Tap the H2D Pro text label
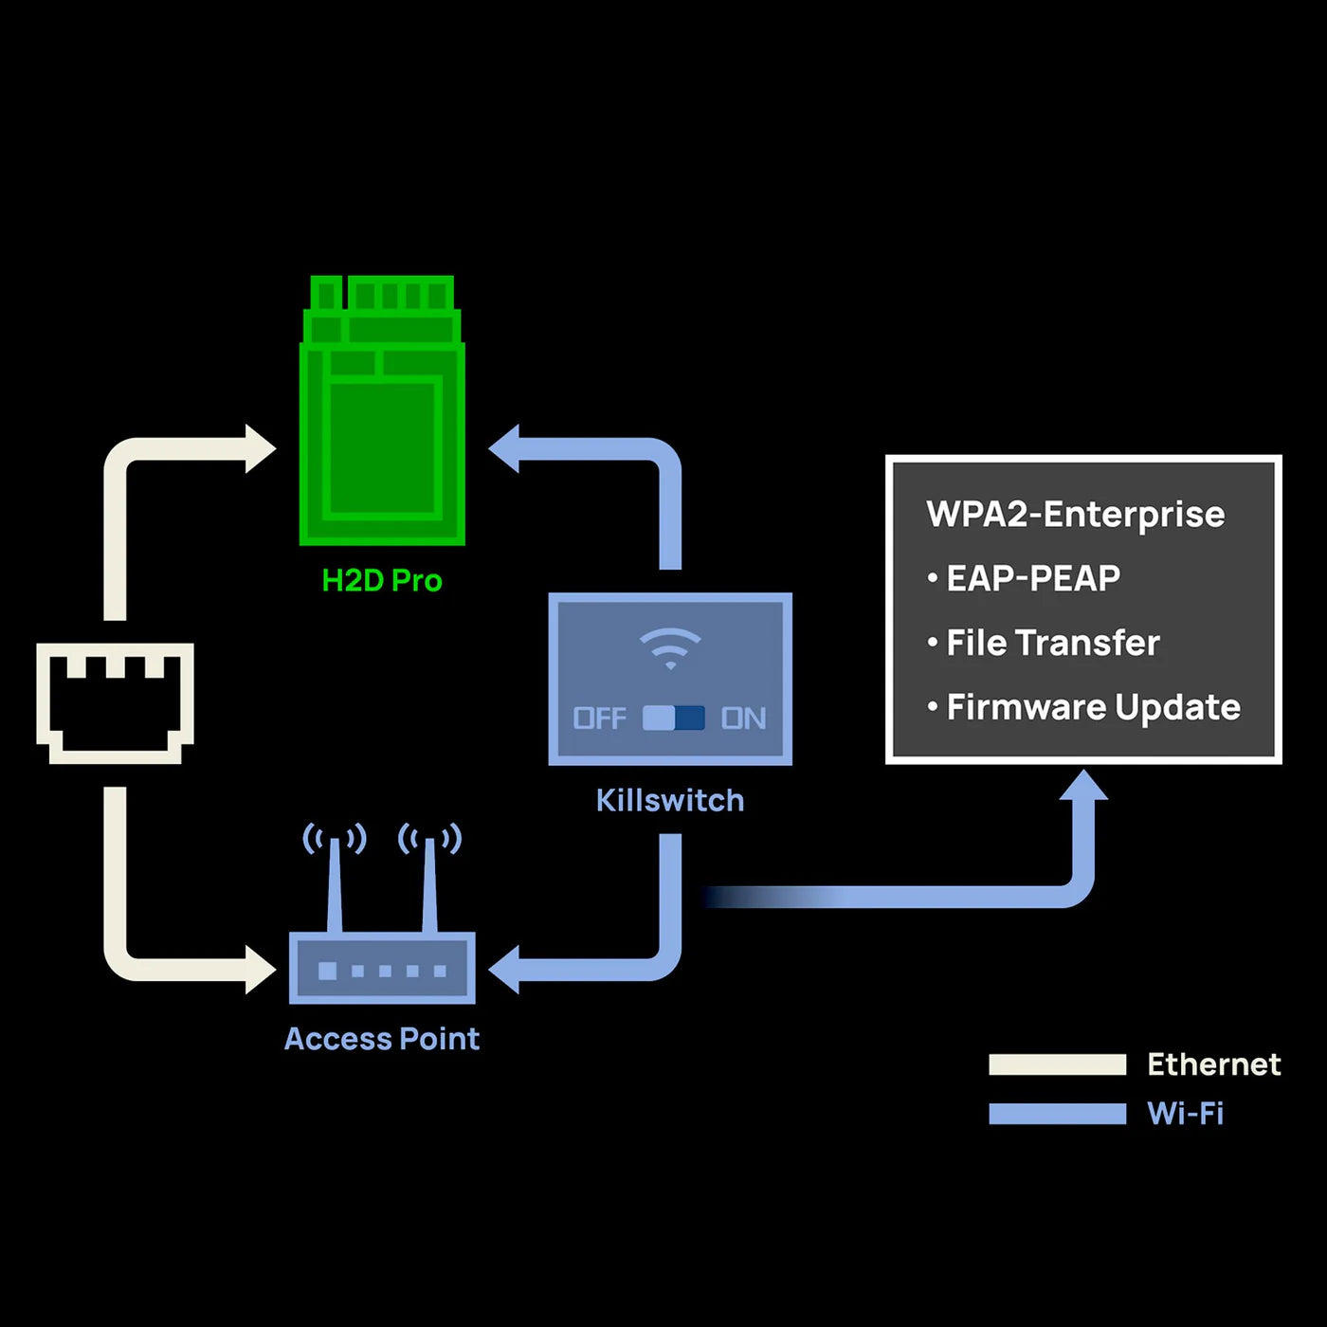[x=382, y=580]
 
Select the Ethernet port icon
[x=115, y=702]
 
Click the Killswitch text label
[x=670, y=801]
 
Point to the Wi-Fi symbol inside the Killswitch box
[x=670, y=648]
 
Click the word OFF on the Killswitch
[x=599, y=718]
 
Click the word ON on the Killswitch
[x=743, y=718]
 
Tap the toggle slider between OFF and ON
[x=673, y=718]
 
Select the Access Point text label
[x=382, y=1039]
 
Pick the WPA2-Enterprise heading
[x=1075, y=515]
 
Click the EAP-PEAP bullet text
[x=1033, y=578]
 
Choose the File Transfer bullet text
[x=1053, y=643]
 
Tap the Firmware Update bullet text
[x=1093, y=707]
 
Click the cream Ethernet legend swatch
[x=1057, y=1064]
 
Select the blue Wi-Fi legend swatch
[x=1057, y=1114]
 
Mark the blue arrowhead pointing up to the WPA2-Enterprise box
[x=1082, y=787]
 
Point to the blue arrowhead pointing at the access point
[x=505, y=970]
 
